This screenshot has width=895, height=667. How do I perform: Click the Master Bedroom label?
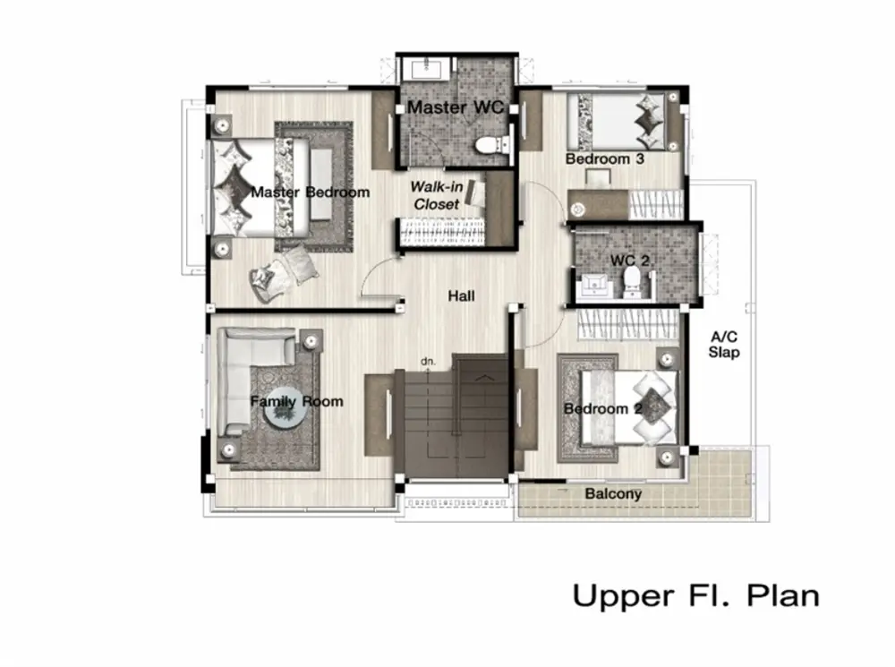click(x=310, y=192)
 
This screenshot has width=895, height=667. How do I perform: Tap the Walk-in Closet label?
click(x=436, y=195)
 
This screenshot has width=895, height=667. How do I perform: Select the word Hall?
click(x=461, y=295)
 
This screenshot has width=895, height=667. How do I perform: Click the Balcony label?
click(x=613, y=493)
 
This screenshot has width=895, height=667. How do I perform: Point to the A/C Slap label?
click(x=724, y=345)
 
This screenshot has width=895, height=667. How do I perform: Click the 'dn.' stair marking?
click(x=428, y=362)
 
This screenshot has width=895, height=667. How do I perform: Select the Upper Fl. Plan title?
click(x=695, y=595)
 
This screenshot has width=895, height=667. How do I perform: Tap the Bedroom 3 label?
click(x=604, y=158)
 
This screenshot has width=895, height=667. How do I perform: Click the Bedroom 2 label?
click(x=603, y=409)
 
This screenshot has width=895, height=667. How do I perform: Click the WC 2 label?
click(x=629, y=261)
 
